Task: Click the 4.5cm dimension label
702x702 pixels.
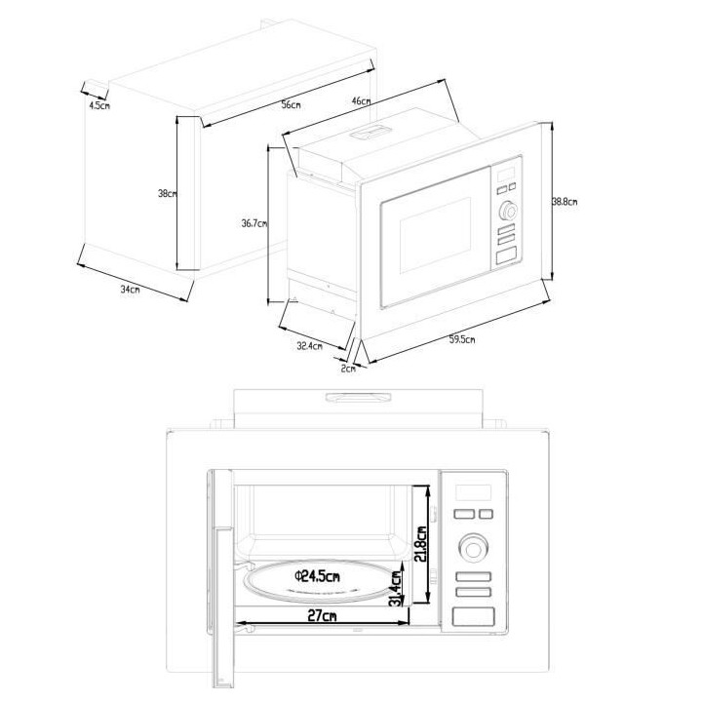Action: tap(98, 104)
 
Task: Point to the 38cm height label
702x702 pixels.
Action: tap(167, 194)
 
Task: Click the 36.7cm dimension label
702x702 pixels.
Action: tap(254, 223)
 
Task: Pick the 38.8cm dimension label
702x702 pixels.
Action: tap(565, 203)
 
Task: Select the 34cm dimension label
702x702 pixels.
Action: tap(129, 289)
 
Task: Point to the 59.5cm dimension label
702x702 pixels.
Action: tap(462, 340)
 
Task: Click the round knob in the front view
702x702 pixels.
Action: tap(473, 549)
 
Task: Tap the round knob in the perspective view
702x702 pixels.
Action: tap(507, 210)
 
